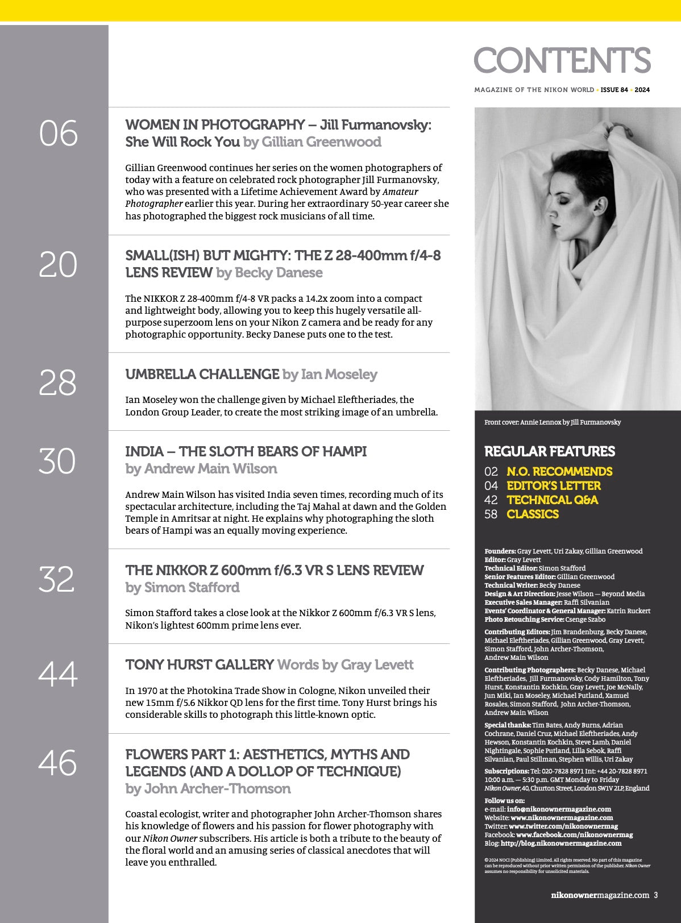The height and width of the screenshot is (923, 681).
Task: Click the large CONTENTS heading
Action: point(562,60)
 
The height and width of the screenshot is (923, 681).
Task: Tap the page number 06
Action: point(58,134)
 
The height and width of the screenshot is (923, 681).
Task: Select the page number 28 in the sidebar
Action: point(57,382)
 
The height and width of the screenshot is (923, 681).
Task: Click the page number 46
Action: point(57,763)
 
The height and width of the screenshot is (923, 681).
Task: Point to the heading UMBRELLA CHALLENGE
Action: point(202,375)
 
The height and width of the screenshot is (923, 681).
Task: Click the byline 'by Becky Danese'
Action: point(269,273)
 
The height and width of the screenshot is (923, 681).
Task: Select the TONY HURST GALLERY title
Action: point(200,665)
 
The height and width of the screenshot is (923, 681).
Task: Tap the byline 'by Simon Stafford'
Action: point(182,588)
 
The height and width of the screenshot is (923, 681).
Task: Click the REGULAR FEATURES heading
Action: point(550,452)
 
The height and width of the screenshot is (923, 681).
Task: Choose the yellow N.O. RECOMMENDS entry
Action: point(559,472)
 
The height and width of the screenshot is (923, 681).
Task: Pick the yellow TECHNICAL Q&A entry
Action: point(552,500)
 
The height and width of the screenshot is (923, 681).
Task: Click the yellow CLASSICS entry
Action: point(533,514)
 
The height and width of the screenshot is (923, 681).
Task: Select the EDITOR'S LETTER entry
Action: point(554,486)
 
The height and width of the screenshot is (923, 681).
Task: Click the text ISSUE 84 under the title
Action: point(614,90)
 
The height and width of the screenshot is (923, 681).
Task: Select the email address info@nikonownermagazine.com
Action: point(559,809)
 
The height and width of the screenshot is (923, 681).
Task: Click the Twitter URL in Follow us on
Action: point(563,826)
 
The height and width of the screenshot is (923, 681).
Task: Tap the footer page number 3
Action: point(656,895)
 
